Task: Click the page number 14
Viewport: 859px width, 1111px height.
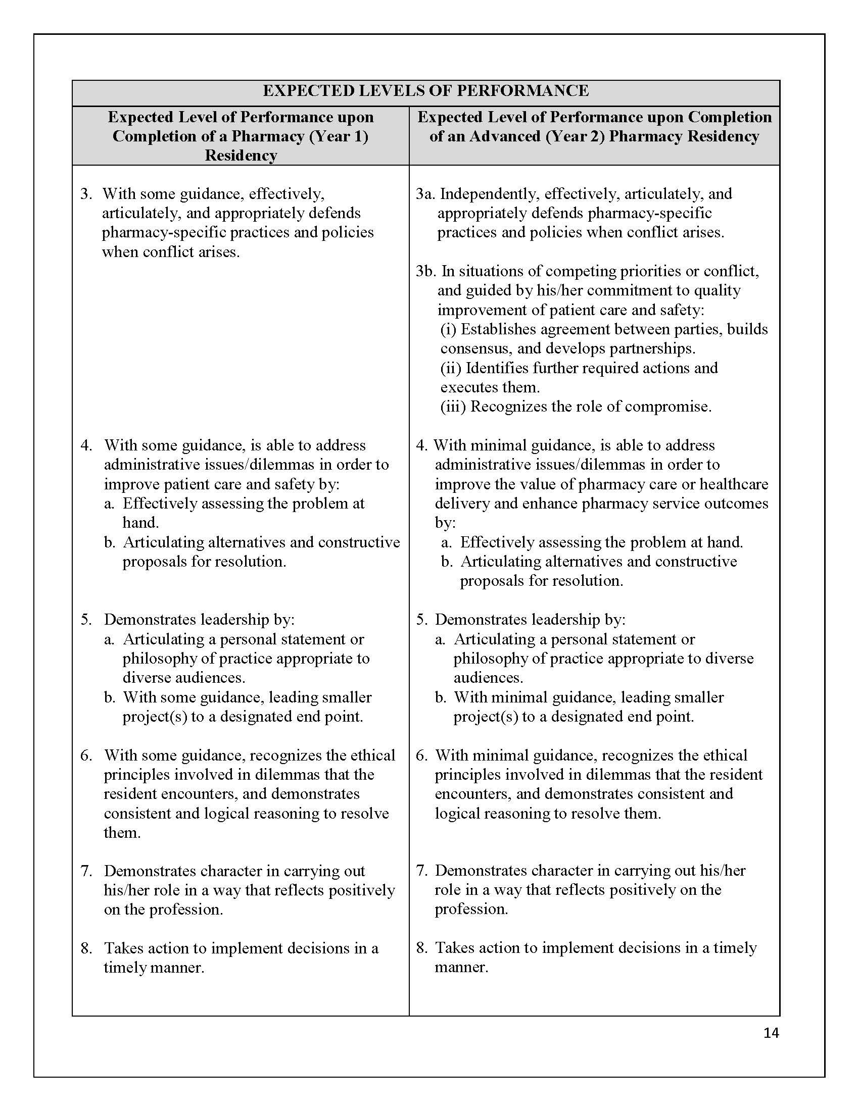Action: (771, 1033)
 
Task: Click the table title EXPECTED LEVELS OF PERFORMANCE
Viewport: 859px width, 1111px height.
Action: (425, 90)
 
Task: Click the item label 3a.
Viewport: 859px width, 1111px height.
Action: (425, 194)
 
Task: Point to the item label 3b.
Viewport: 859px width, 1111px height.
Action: (426, 271)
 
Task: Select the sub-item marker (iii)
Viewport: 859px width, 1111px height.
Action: (453, 407)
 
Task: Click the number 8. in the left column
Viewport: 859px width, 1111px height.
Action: (86, 948)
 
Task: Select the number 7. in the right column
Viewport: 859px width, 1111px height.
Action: (422, 871)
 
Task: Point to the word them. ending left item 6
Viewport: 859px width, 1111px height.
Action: (122, 833)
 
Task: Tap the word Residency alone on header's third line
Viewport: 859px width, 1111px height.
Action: (241, 155)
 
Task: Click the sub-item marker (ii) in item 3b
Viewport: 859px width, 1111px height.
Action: (451, 368)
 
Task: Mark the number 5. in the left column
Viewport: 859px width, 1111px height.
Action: (86, 620)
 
